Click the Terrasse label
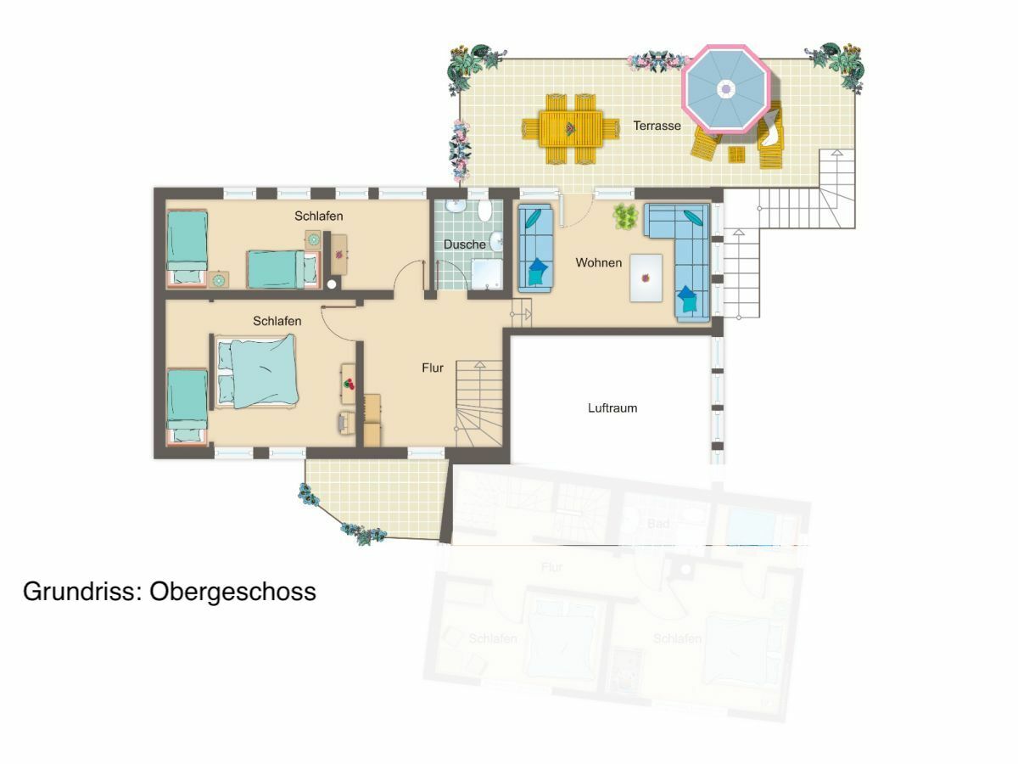[657, 126]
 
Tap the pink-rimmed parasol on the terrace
[726, 89]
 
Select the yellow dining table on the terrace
[572, 129]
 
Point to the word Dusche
[465, 244]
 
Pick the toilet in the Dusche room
[484, 211]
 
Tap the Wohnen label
[598, 263]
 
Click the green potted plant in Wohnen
[626, 218]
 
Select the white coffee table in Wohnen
[646, 278]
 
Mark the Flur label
[433, 368]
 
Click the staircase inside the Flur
[479, 403]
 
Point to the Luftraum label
[612, 408]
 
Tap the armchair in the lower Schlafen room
[347, 422]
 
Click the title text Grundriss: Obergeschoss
[170, 592]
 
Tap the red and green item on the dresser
[348, 383]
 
